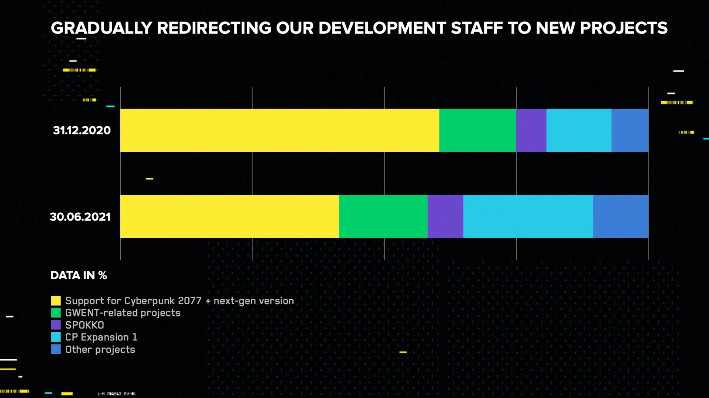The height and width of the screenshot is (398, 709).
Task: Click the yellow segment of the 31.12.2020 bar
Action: (280, 130)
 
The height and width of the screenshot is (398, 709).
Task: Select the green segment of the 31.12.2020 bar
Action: (477, 130)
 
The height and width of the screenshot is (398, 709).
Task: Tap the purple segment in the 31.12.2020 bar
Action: (531, 130)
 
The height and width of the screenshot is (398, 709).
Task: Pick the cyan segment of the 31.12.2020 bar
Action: (579, 130)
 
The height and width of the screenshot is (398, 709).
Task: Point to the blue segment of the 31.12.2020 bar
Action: (630, 130)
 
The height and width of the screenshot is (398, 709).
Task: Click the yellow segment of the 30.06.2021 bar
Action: (229, 216)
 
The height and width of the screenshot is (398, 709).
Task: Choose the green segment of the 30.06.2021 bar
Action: (383, 216)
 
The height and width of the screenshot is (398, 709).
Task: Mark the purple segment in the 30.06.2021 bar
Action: (445, 216)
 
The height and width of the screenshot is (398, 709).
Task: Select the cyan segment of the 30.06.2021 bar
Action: (528, 216)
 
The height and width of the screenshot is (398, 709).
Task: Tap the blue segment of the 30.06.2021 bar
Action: (620, 216)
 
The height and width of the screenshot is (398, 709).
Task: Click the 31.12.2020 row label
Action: (82, 130)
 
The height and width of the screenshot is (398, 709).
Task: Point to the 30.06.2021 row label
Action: (80, 217)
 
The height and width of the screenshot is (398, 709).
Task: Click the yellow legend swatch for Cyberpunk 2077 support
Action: (56, 301)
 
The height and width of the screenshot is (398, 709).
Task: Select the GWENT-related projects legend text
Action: (123, 313)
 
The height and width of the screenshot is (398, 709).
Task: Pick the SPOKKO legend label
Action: (85, 325)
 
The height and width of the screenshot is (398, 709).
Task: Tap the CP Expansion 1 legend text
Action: (101, 337)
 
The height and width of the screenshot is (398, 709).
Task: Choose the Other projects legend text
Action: (100, 350)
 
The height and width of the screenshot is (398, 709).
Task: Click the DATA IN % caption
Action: (79, 275)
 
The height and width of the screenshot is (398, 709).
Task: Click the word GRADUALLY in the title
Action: (102, 28)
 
